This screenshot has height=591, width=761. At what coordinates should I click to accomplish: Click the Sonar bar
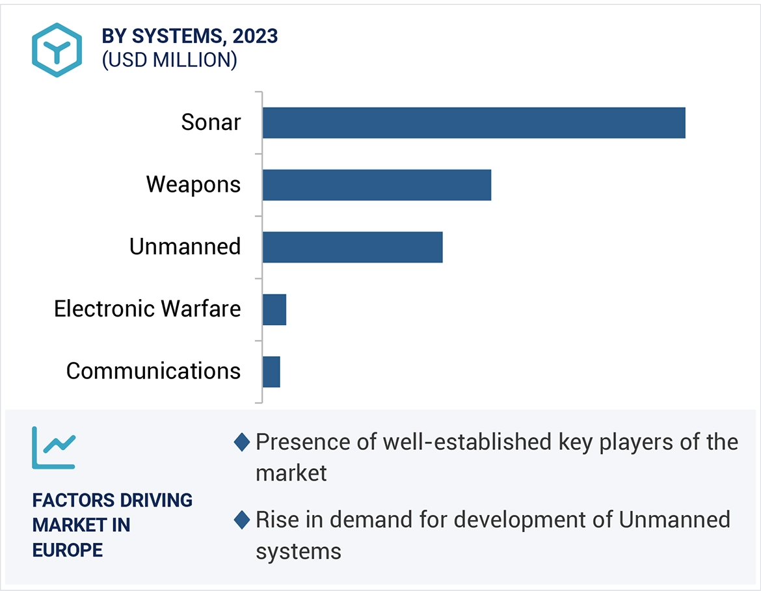point(474,123)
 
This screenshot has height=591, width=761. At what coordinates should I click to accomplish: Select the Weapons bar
point(377,185)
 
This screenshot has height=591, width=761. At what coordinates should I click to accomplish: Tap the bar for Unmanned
point(352,247)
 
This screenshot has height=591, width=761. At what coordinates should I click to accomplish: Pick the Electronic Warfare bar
point(274,309)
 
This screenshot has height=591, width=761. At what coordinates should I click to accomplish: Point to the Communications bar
point(271,372)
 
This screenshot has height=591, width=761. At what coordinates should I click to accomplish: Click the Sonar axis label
point(211,122)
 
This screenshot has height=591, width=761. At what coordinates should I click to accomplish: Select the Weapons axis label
point(193,185)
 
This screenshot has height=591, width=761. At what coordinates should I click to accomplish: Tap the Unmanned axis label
point(185,247)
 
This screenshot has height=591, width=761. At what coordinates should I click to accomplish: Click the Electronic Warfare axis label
point(147,309)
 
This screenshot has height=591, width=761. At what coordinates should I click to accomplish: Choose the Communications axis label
point(154,371)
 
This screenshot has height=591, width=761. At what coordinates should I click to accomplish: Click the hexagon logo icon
point(57,50)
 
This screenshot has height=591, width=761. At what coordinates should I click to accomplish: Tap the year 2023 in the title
point(256,36)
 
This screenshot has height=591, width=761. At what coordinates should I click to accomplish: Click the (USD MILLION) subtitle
point(169,60)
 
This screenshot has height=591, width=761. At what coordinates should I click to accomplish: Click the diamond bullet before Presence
point(241,443)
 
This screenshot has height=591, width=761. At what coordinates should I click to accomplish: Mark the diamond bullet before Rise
point(241,520)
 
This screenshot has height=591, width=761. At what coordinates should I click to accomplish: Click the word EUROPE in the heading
point(68,550)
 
